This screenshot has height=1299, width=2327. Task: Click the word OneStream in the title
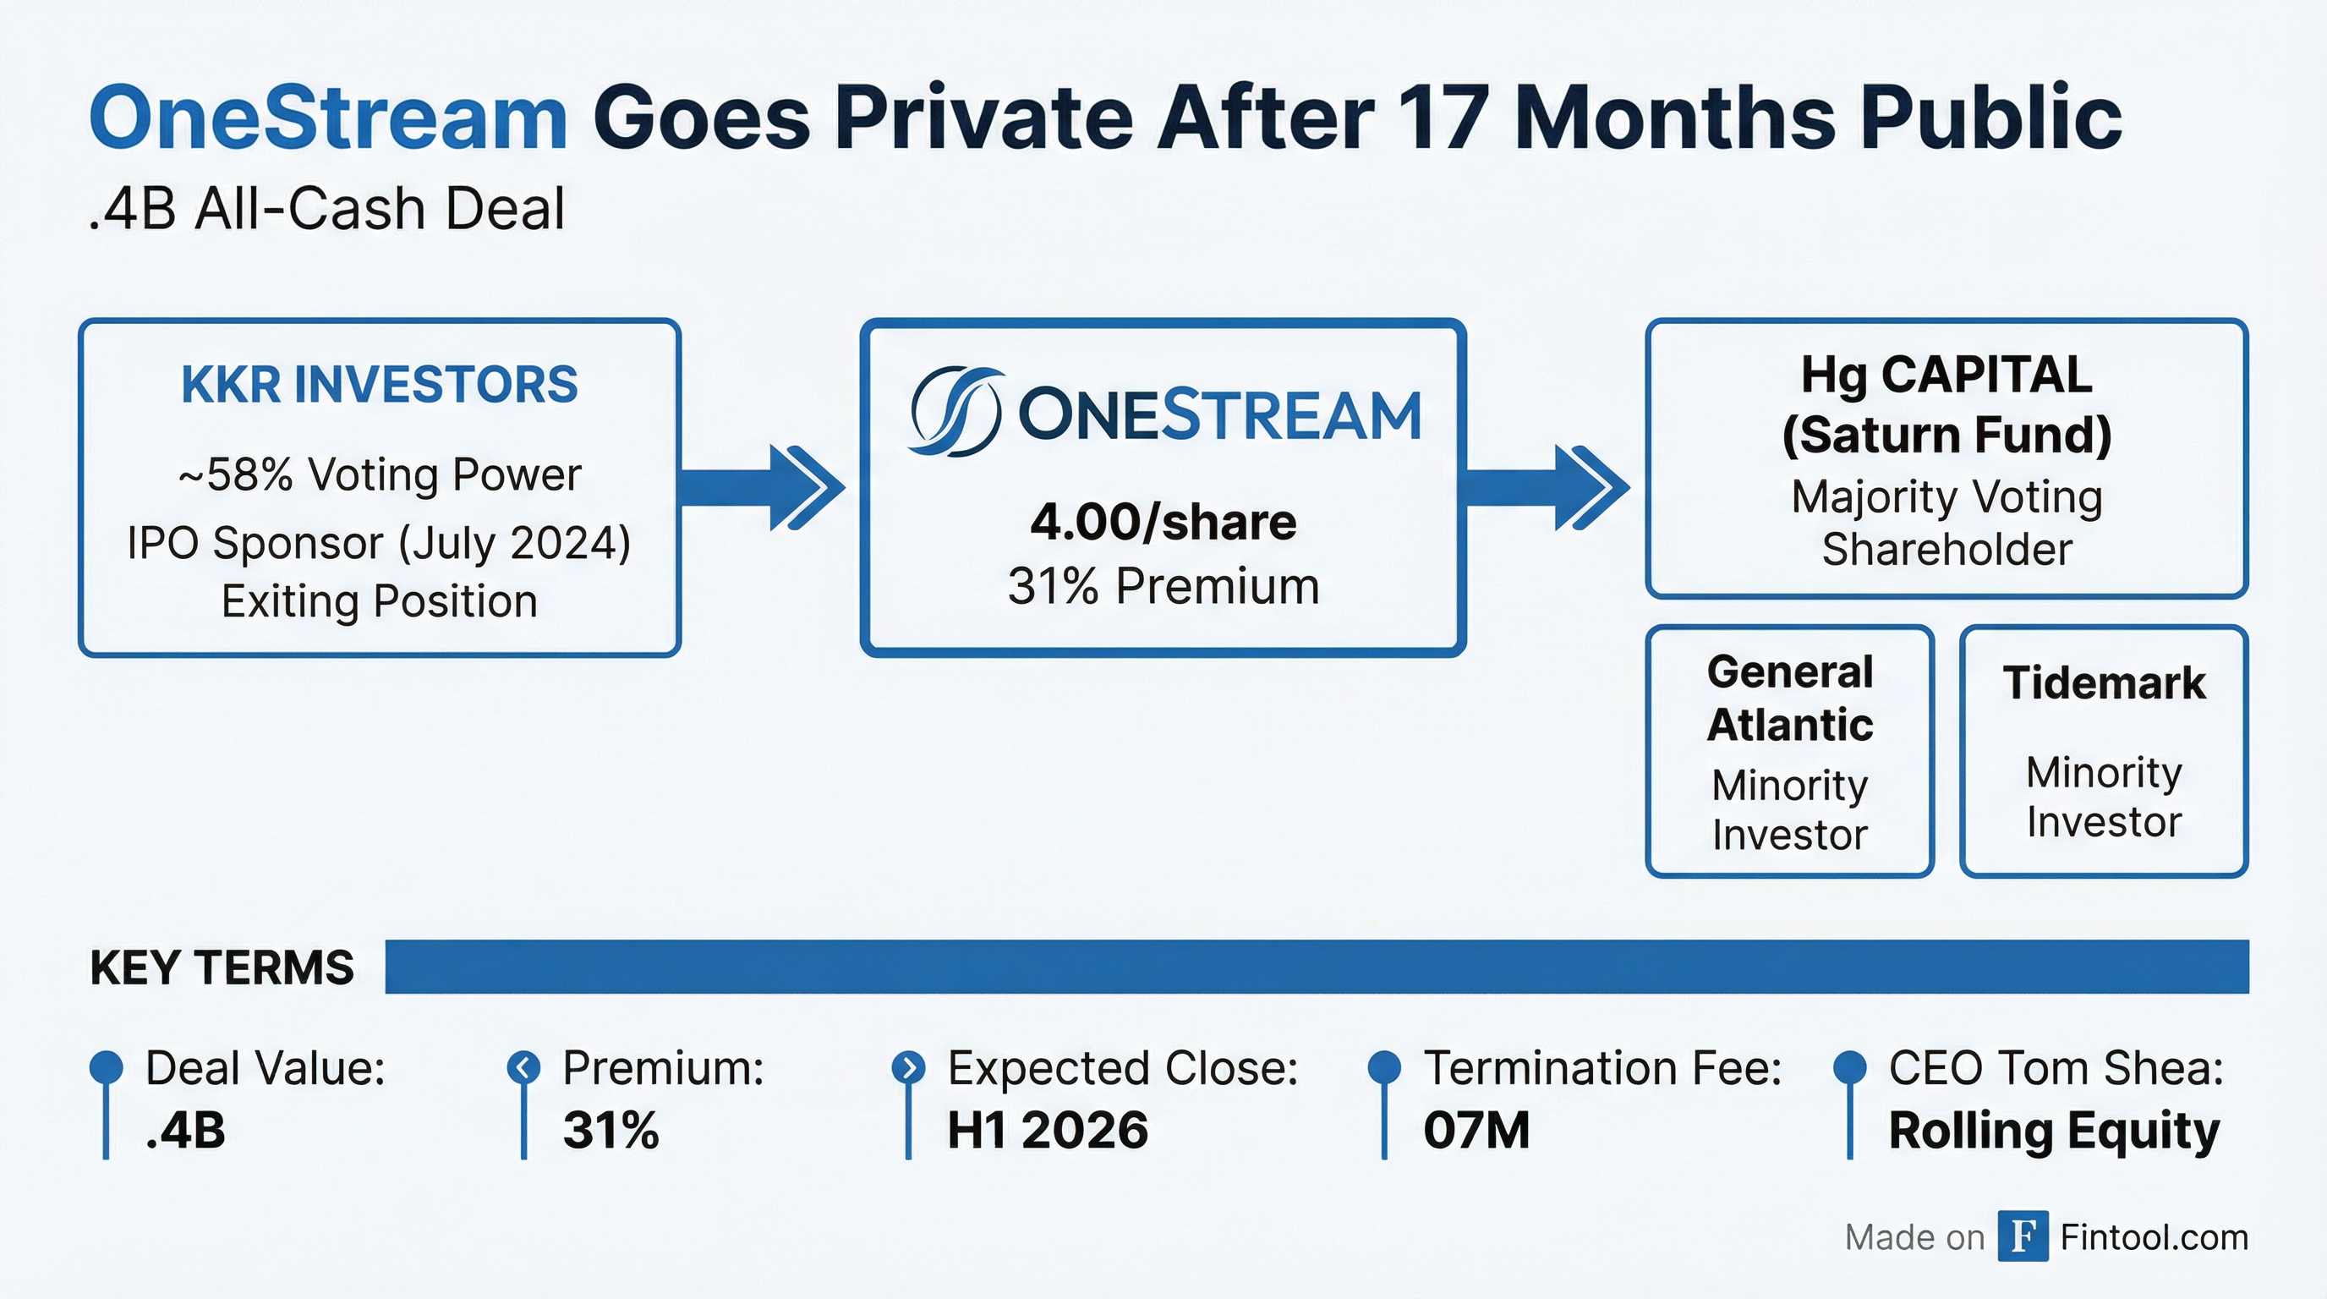point(328,119)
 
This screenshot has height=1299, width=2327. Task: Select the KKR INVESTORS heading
point(380,385)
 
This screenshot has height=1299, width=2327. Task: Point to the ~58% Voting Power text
point(380,475)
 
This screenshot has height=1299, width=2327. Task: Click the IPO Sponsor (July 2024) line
point(380,544)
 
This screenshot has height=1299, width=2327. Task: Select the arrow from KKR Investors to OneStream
point(764,488)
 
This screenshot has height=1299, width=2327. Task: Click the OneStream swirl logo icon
point(955,412)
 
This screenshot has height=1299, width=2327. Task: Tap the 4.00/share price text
point(1163,522)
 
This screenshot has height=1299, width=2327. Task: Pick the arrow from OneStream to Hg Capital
point(1547,488)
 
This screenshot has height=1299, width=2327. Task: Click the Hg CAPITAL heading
point(1946,375)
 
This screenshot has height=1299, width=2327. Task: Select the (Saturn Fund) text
point(1946,436)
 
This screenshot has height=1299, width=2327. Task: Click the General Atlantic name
point(1789,699)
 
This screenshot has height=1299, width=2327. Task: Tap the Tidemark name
point(2104,683)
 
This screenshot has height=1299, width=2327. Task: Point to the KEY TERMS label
point(222,967)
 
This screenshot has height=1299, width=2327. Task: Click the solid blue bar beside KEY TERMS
point(1317,967)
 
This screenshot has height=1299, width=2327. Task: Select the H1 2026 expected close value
point(1048,1130)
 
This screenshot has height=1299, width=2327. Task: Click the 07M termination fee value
point(1477,1130)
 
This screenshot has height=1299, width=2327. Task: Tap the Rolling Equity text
point(2054,1131)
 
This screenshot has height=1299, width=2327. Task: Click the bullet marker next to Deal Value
point(106,1066)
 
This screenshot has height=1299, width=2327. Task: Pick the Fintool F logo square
point(2023,1236)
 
